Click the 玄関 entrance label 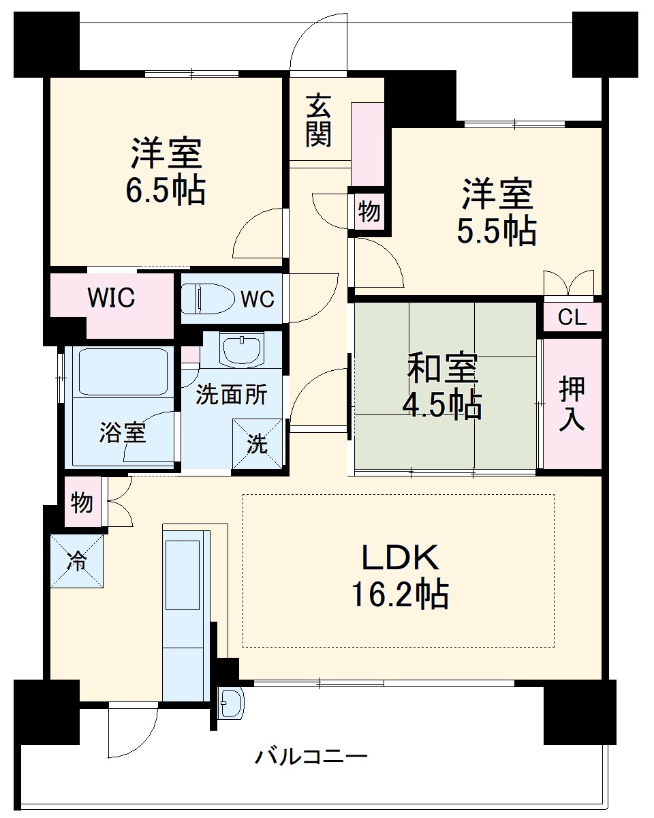318,121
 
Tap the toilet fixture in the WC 204,299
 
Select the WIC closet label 111,298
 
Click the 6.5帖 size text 165,192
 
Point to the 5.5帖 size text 496,232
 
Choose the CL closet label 572,318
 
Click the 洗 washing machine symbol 257,444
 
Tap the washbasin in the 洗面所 242,349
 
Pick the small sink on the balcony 230,703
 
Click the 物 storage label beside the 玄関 369,212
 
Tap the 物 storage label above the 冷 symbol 82,502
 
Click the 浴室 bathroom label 123,433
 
